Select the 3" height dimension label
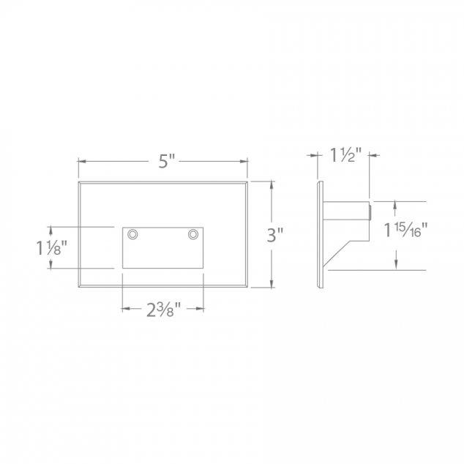point(274,235)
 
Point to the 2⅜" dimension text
point(162,310)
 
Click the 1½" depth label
point(343,156)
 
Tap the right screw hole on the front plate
point(193,234)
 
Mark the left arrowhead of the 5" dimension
point(81,162)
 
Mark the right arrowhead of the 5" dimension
point(245,162)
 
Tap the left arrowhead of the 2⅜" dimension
point(124,310)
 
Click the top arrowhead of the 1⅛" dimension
point(50,231)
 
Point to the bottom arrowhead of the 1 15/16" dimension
point(397,266)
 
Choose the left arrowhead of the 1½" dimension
point(320,155)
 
